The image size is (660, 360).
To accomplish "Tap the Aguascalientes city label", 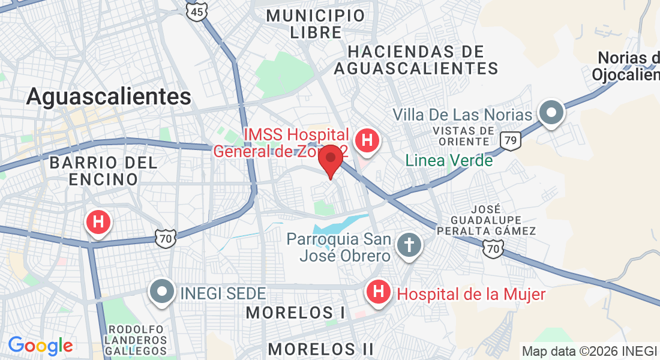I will tap(109, 97).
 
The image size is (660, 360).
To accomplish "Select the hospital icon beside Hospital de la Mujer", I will tap(378, 293).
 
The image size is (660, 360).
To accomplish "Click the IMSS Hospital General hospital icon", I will tap(367, 141).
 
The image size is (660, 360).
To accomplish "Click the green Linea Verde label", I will tap(449, 161).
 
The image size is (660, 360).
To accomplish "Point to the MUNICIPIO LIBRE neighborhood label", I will tap(316, 24).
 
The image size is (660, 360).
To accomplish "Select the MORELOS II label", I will tap(320, 349).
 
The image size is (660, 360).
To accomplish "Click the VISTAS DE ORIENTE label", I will tap(461, 136).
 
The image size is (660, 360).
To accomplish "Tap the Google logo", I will tap(40, 346).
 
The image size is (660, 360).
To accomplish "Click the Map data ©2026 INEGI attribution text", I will tap(589, 352).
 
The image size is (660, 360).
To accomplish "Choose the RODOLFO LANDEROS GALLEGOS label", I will tap(137, 340).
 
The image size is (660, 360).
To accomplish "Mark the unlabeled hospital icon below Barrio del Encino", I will tap(99, 222).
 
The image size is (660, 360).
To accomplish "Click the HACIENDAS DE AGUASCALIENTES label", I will tap(416, 60).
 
